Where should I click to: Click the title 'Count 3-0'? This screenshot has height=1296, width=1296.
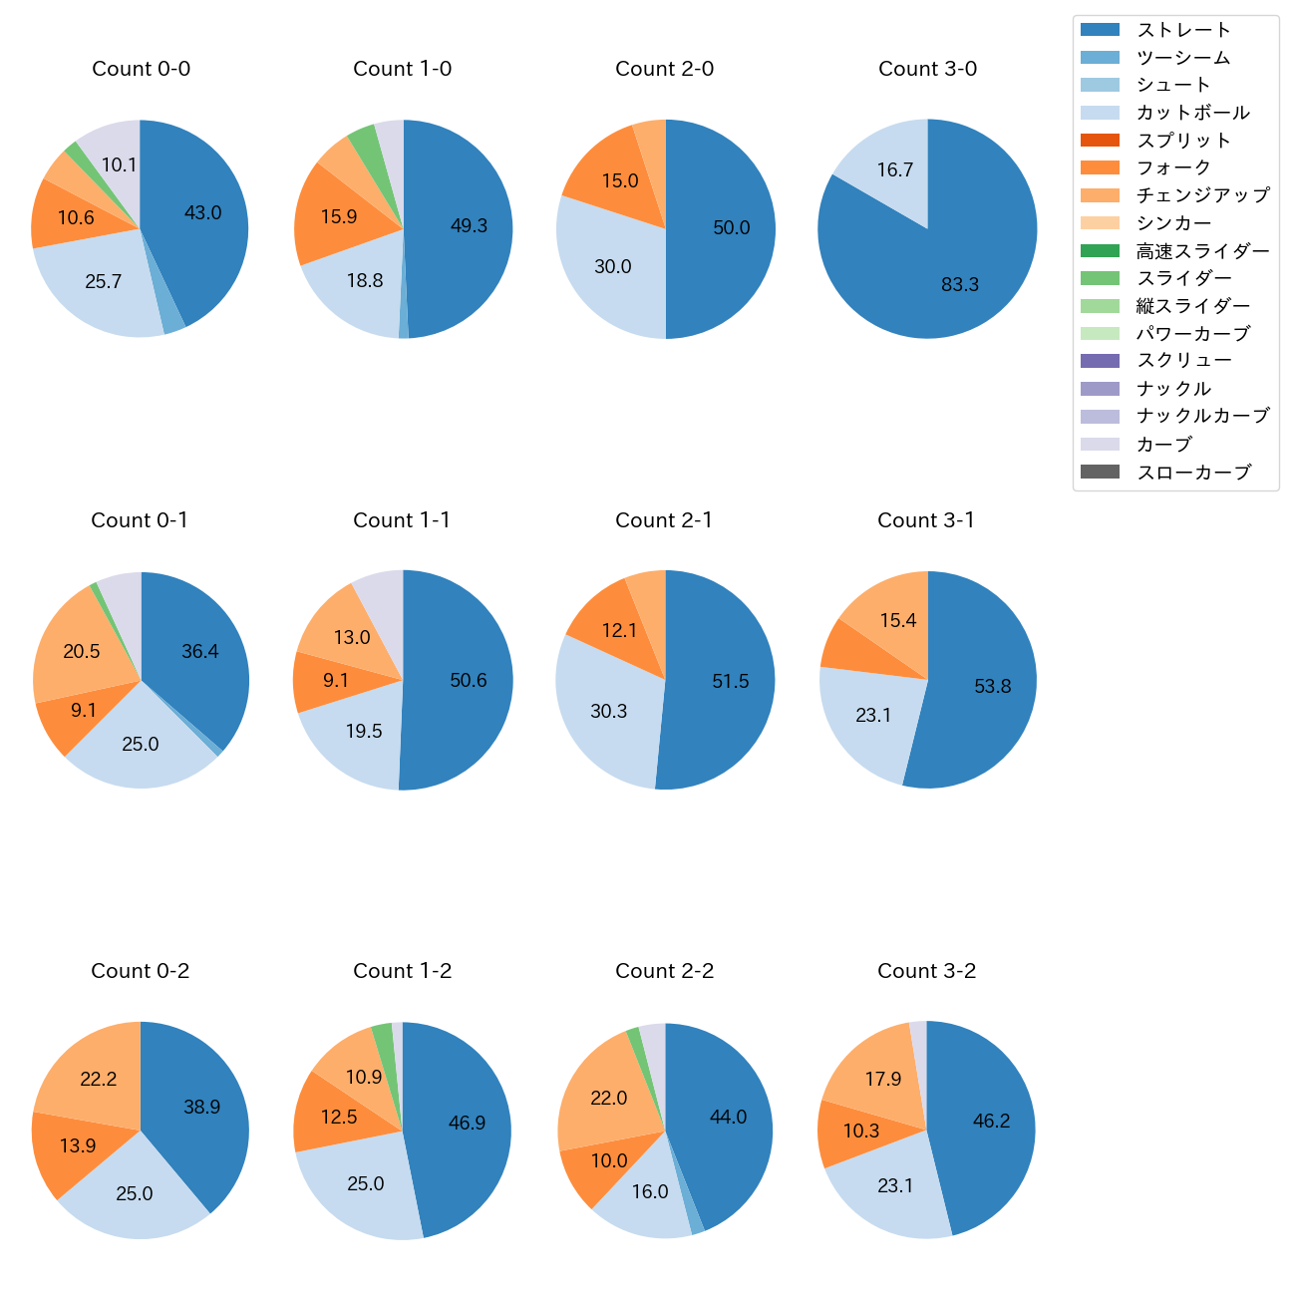point(927,69)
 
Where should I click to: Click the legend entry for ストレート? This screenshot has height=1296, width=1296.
point(1183,30)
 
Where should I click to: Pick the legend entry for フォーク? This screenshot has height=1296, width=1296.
point(1173,167)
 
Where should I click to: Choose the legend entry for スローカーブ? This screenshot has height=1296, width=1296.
point(1193,473)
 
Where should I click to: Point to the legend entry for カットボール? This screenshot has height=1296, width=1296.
point(1192,113)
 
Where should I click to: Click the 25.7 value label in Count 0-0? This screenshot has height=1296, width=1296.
point(104,282)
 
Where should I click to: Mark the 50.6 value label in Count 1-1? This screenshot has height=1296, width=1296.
point(469,681)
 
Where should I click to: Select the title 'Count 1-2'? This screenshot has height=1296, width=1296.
point(403,971)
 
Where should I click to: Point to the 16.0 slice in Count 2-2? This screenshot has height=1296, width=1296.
point(648,1192)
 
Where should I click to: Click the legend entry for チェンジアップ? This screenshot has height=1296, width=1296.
point(1202,195)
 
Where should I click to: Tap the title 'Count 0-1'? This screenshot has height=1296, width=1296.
point(140,520)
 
